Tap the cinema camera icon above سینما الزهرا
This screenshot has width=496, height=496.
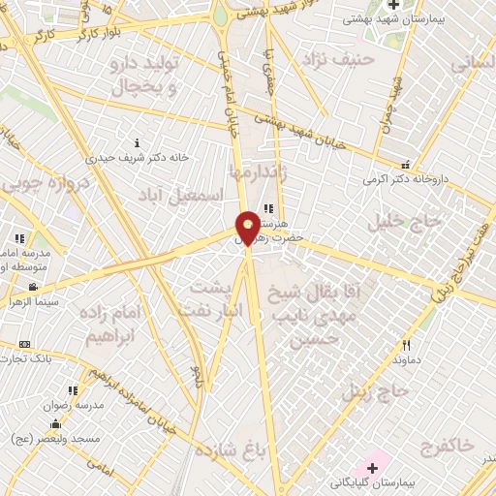[33, 287]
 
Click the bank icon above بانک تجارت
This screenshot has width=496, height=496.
[24, 344]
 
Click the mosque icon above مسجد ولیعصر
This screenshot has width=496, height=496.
[55, 423]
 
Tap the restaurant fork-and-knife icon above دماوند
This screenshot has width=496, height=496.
[407, 344]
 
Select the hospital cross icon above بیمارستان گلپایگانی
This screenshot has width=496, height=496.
[373, 468]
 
